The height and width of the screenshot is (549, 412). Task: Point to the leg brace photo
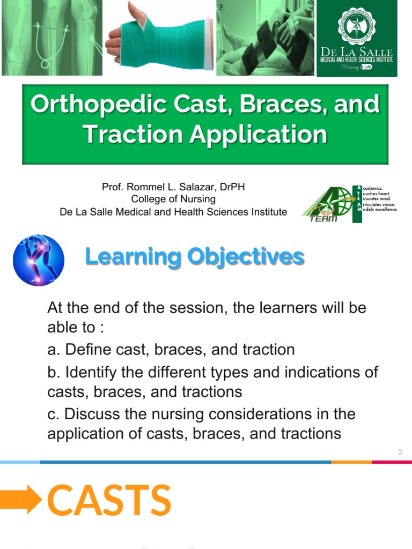(265, 38)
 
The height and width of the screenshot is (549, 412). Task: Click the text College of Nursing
(173, 199)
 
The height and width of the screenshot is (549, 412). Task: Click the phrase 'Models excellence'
(380, 210)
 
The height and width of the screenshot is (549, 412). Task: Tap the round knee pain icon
(39, 260)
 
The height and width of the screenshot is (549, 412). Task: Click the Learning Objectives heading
(195, 257)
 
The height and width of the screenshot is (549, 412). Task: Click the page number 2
(400, 453)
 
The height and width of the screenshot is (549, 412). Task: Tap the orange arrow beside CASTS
(20, 500)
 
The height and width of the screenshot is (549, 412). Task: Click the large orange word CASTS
(109, 500)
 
